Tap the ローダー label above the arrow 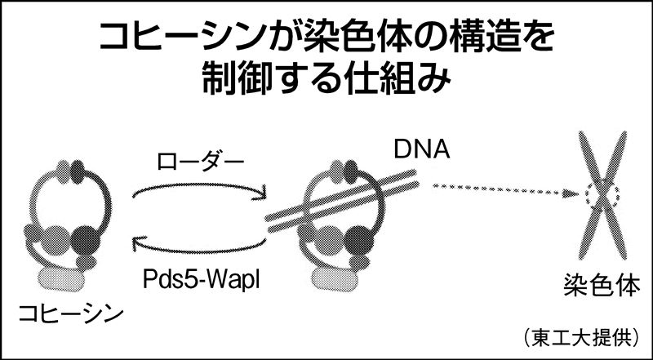[x=200, y=162]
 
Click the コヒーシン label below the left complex [x=71, y=315]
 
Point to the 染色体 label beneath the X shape [x=602, y=286]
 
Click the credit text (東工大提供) [x=582, y=338]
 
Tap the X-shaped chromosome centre [x=602, y=194]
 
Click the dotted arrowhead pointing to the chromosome [x=571, y=193]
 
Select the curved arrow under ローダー [x=200, y=187]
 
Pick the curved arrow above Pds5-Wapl [x=199, y=249]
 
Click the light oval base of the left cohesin [x=61, y=279]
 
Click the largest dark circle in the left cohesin [x=86, y=238]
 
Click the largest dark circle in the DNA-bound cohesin [x=360, y=239]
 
